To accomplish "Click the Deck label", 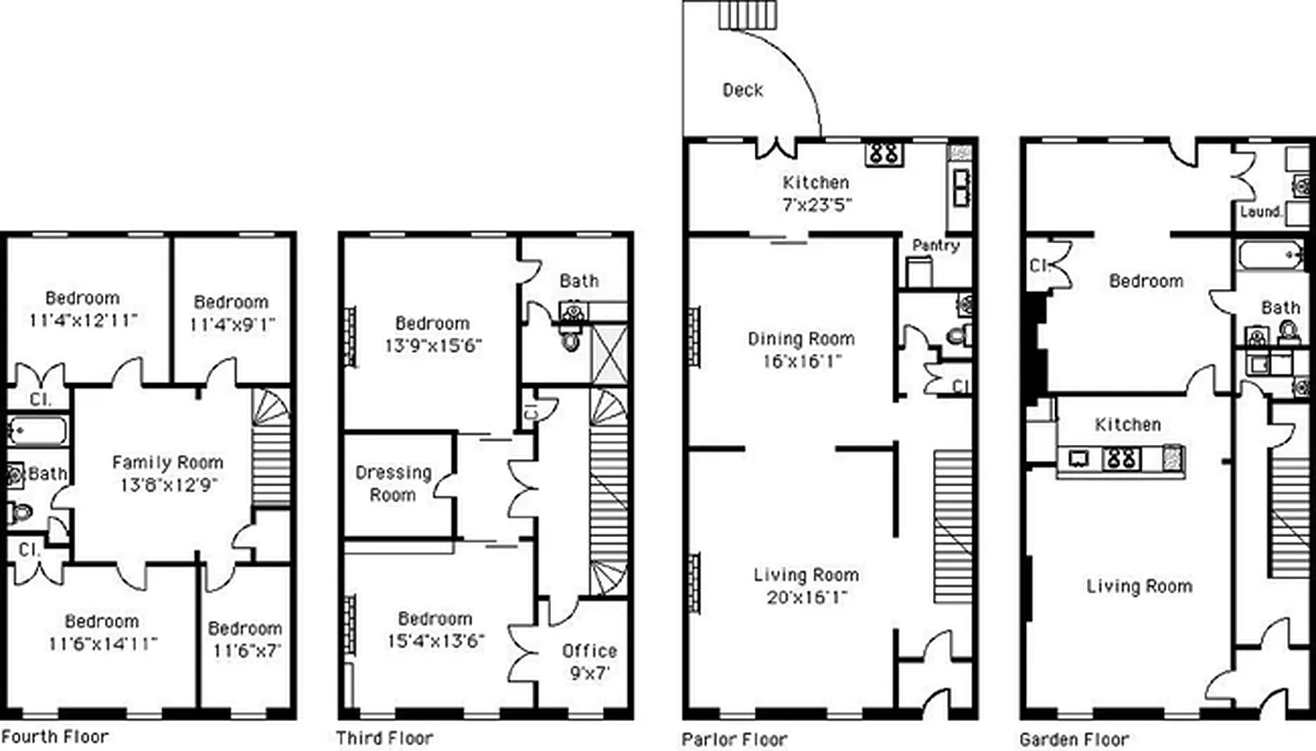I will click(742, 90).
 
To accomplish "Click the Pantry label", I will click(935, 246).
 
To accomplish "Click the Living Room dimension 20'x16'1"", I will click(807, 597).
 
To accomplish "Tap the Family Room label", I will click(168, 462).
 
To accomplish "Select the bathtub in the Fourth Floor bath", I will click(37, 432).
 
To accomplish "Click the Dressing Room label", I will click(392, 483).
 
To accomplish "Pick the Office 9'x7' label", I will click(589, 661).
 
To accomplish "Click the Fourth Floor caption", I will click(54, 736).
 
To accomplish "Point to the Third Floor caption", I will click(385, 738).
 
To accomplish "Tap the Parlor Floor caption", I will click(735, 739).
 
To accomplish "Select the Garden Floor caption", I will click(1074, 739).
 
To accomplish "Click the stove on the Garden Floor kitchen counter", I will click(1123, 458).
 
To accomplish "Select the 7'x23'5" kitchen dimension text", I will click(803, 204).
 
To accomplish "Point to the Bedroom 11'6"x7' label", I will click(244, 638).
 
